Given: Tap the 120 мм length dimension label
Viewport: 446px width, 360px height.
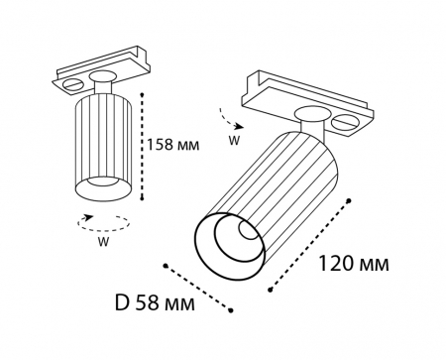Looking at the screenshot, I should [353, 265].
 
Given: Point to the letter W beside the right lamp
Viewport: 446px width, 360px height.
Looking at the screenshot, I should [234, 140].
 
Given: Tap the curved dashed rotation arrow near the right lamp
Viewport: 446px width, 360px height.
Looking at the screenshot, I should [230, 122].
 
